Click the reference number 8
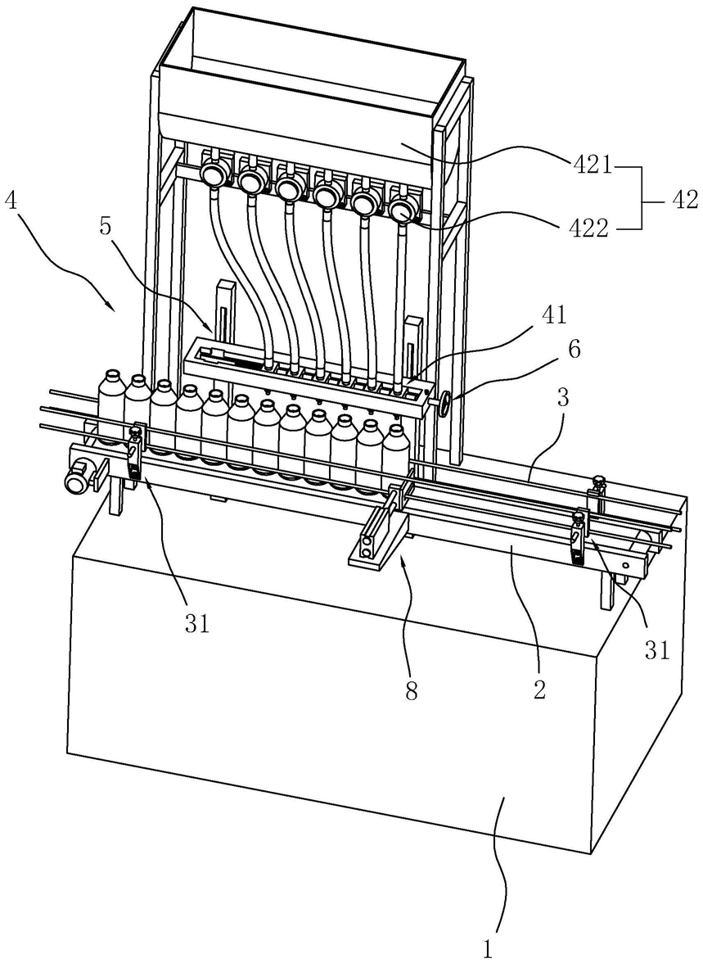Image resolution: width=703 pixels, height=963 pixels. point(411,690)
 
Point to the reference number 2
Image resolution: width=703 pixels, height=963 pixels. point(539,690)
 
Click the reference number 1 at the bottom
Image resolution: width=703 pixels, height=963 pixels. point(488,950)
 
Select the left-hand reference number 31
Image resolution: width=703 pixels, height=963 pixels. point(197,625)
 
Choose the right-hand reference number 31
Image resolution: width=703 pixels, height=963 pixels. point(657,649)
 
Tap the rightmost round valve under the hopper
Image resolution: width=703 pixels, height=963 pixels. point(401,211)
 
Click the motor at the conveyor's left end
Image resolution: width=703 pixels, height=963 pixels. point(79,477)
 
